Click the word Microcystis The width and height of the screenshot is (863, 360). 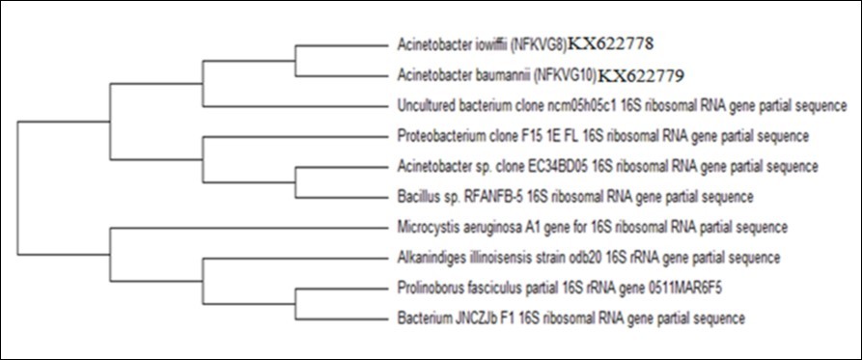(427, 227)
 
